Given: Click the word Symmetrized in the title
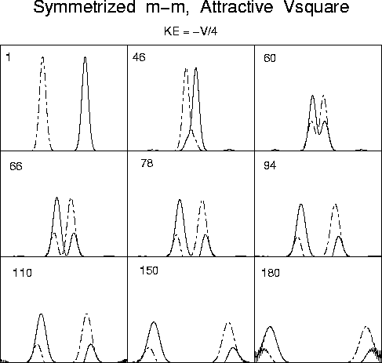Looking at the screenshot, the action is pyautogui.click(x=85, y=8).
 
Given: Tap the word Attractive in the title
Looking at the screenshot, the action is pyautogui.click(x=236, y=7).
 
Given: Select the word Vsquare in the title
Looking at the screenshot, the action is pyautogui.click(x=316, y=8).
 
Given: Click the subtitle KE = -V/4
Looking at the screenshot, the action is pyautogui.click(x=191, y=31).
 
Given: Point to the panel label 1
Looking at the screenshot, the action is pyautogui.click(x=9, y=57).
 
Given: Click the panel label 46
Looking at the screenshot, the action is pyautogui.click(x=139, y=57).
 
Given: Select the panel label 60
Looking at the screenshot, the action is pyautogui.click(x=270, y=58).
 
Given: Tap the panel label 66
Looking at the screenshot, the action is pyautogui.click(x=16, y=166).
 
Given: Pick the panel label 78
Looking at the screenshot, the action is pyautogui.click(x=147, y=163).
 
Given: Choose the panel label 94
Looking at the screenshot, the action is pyautogui.click(x=270, y=165).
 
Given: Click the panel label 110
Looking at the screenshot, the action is pyautogui.click(x=22, y=273).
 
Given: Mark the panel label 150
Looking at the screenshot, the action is pyautogui.click(x=149, y=270).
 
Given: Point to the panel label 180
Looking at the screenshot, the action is pyautogui.click(x=271, y=273).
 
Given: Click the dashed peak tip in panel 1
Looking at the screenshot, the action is pyautogui.click(x=43, y=57).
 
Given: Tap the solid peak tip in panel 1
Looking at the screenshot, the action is pyautogui.click(x=85, y=57).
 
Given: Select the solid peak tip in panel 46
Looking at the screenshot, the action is pyautogui.click(x=196, y=68).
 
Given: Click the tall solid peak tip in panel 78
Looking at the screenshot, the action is pyautogui.click(x=180, y=200).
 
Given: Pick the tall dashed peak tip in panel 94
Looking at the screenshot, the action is pyautogui.click(x=335, y=205).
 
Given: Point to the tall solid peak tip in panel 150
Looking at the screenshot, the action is pyautogui.click(x=154, y=322).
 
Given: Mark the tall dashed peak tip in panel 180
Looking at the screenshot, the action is pyautogui.click(x=366, y=327).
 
